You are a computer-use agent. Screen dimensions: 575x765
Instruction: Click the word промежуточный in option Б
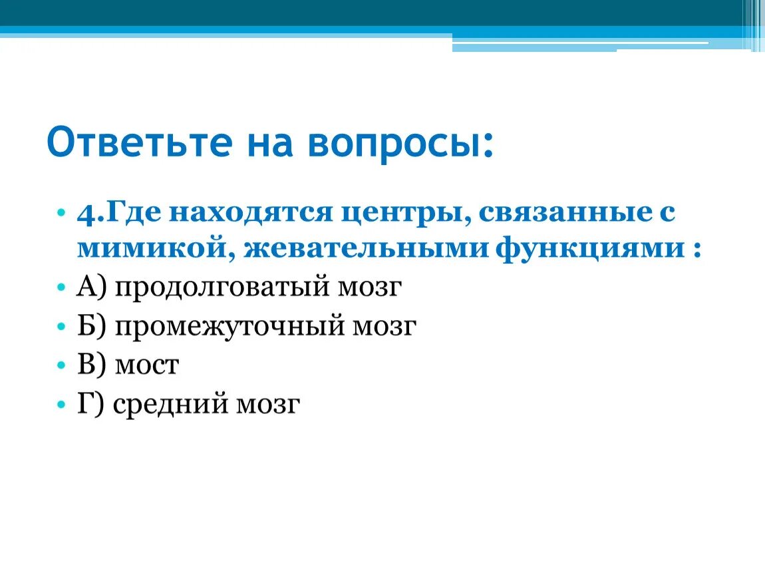tap(227, 326)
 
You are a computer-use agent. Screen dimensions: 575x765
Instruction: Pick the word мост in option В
tap(146, 365)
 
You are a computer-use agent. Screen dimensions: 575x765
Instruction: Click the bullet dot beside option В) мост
tap(61, 365)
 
